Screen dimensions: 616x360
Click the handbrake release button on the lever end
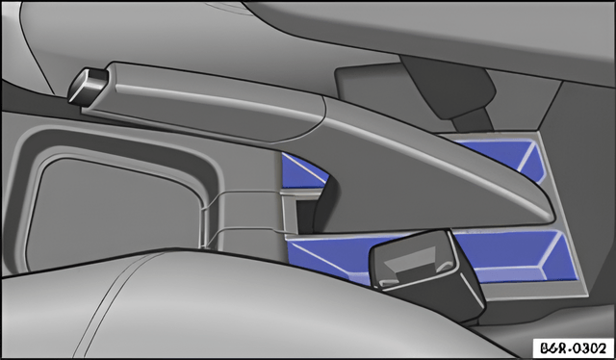tap(88, 87)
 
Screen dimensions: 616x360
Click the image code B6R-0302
tap(574, 347)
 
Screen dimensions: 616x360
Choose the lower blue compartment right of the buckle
tap(515, 255)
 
